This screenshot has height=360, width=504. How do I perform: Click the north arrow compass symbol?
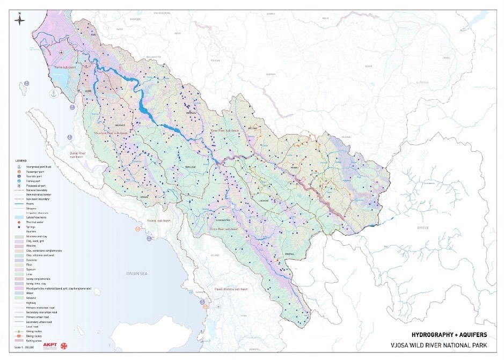pyautogui.click(x=19, y=21)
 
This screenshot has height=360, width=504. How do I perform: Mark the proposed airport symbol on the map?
pyautogui.click(x=62, y=52)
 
